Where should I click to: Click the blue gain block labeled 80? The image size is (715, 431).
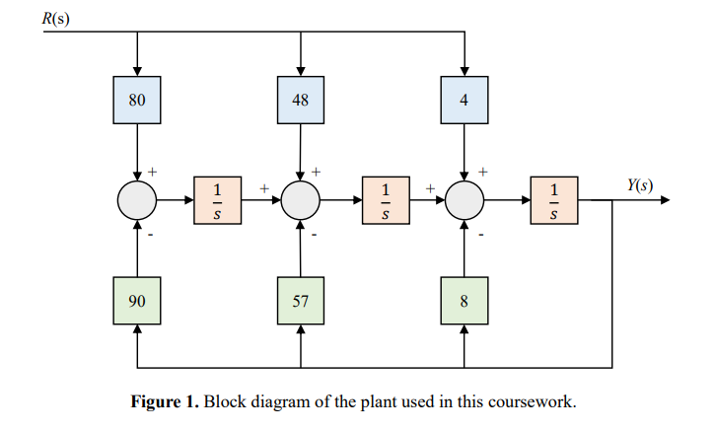click(x=137, y=100)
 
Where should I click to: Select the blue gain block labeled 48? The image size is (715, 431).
click(x=301, y=100)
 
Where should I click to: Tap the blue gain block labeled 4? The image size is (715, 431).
click(x=464, y=100)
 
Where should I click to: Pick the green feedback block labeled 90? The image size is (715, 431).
click(x=137, y=301)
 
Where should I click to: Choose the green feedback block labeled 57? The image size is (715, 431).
click(x=301, y=301)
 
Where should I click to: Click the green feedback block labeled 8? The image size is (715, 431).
click(x=464, y=301)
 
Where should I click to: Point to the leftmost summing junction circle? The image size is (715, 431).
click(x=137, y=200)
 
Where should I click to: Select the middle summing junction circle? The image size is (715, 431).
click(x=301, y=200)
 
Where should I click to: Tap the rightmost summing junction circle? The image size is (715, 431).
click(x=464, y=200)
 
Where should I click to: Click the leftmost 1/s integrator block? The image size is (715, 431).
click(x=219, y=200)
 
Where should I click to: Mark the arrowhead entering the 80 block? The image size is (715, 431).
click(x=137, y=70)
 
